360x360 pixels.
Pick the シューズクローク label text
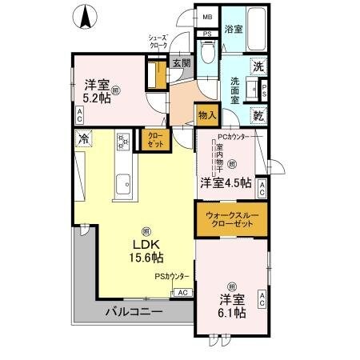[x=158, y=42]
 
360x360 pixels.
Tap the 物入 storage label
[x=206, y=116]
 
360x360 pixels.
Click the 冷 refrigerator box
[x=83, y=139]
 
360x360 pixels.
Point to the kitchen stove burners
[x=123, y=143]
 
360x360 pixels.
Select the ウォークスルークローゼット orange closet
[x=230, y=220]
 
